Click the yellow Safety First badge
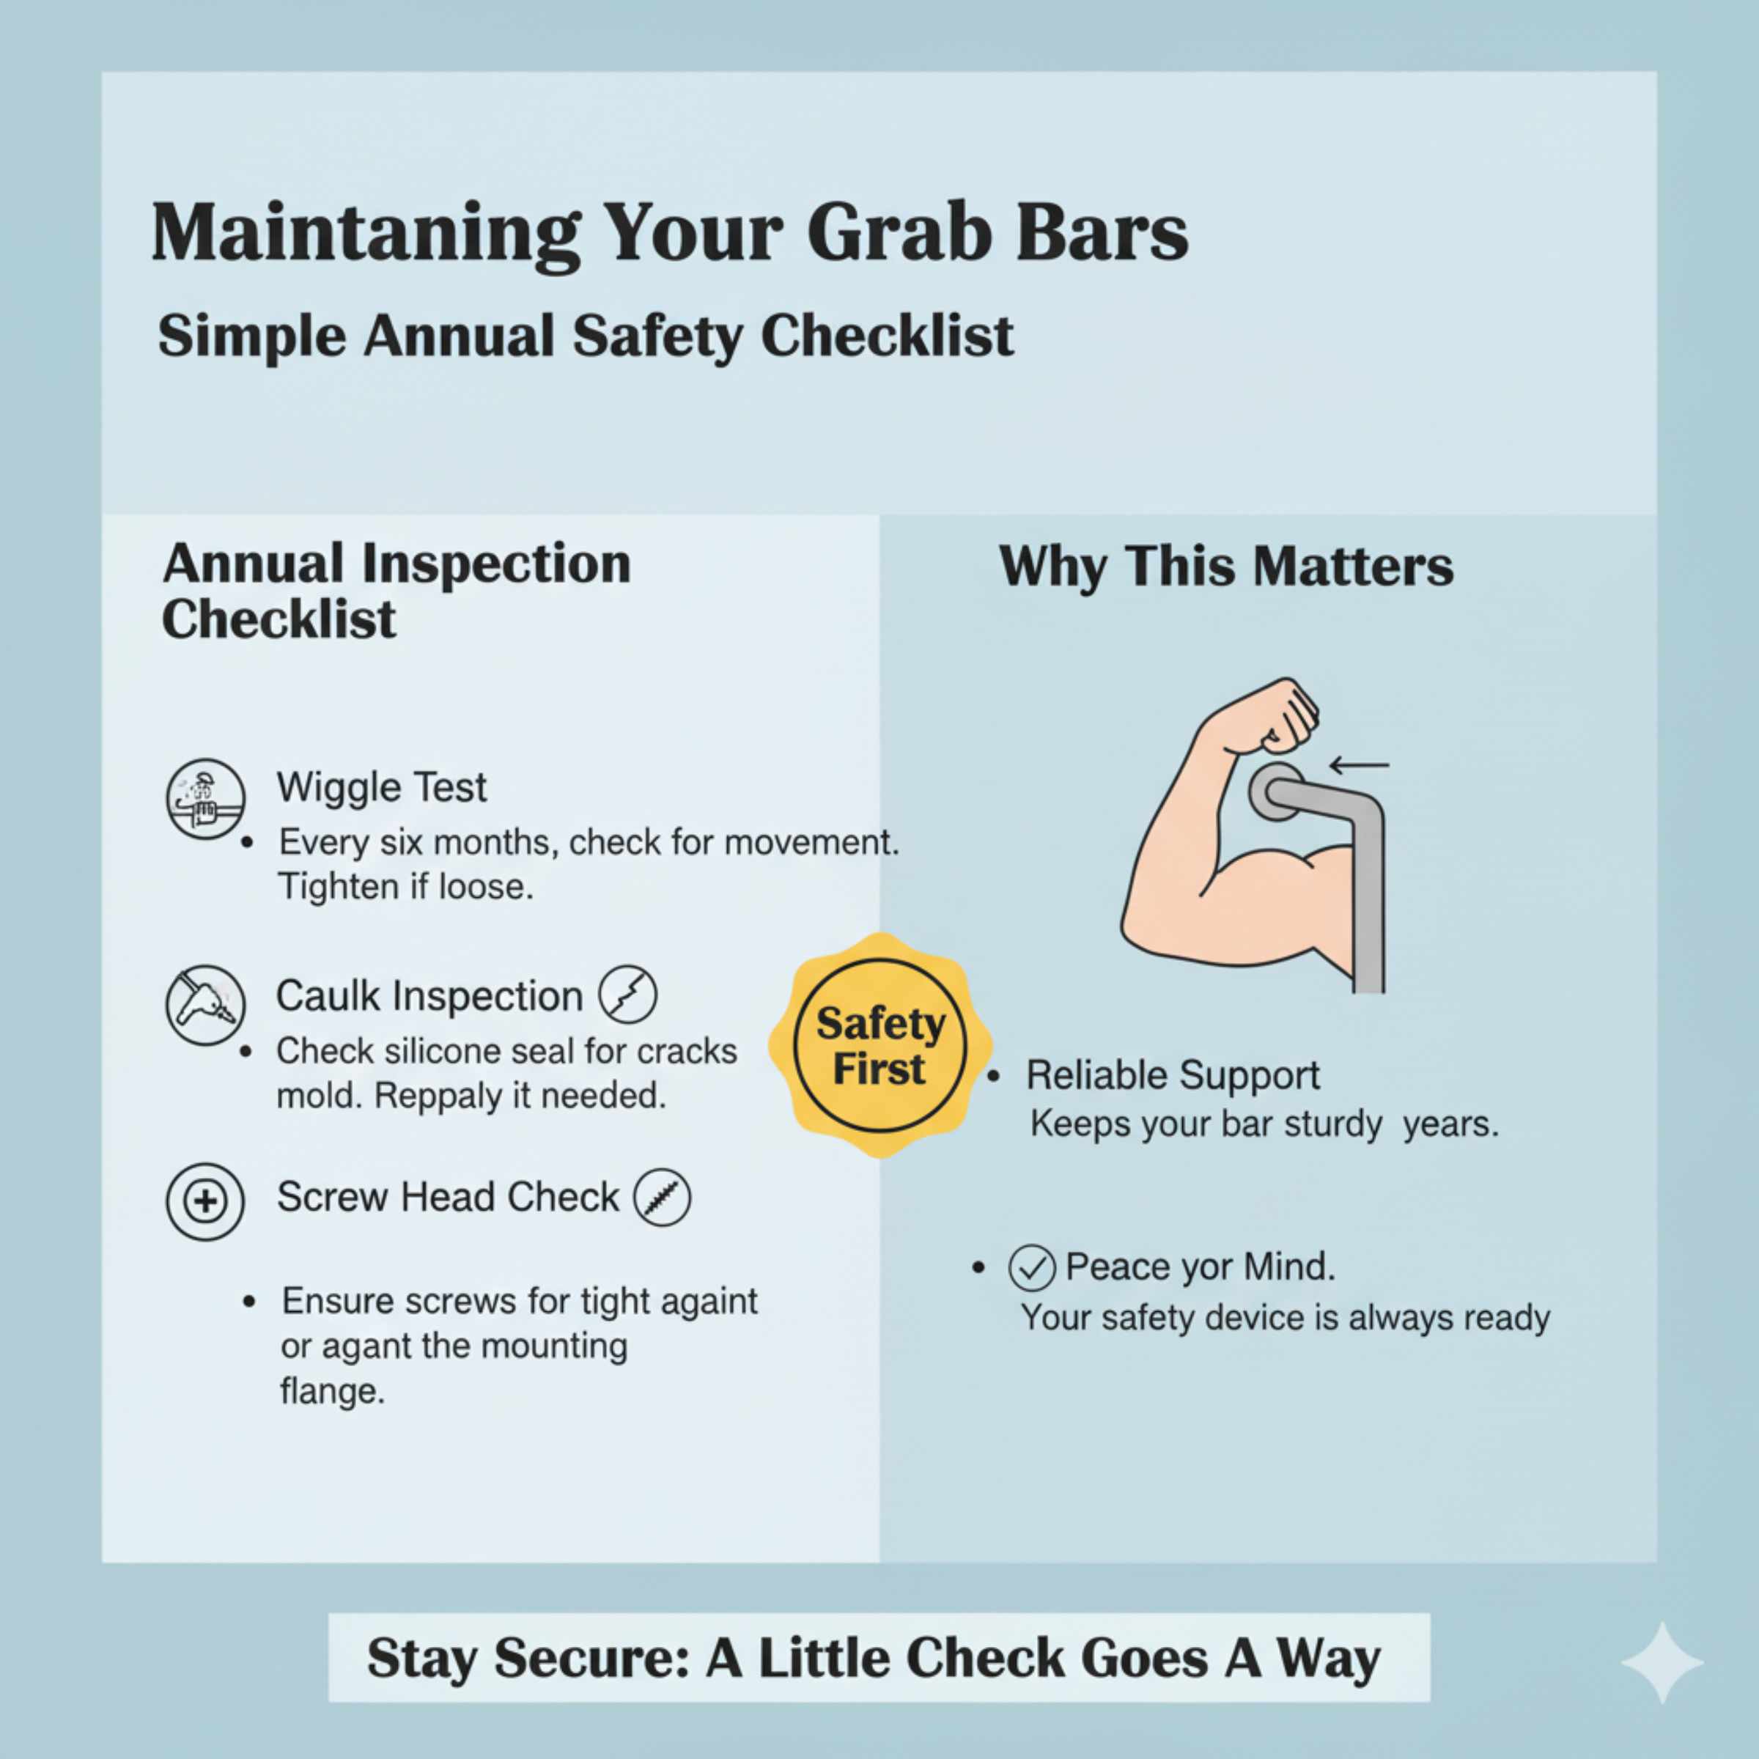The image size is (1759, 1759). (x=879, y=1045)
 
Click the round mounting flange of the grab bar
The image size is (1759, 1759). (x=1275, y=793)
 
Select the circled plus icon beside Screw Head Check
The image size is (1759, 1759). (x=206, y=1201)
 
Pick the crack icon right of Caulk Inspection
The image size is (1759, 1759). (x=627, y=995)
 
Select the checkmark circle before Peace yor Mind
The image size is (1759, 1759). (x=1031, y=1268)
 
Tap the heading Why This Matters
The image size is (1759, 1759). (x=1225, y=567)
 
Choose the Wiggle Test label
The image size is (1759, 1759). (x=381, y=788)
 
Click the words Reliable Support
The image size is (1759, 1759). (x=1173, y=1075)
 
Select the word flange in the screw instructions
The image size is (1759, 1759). (x=332, y=1390)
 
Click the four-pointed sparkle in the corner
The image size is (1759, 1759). (x=1662, y=1662)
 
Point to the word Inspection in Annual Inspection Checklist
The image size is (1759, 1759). (x=495, y=564)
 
